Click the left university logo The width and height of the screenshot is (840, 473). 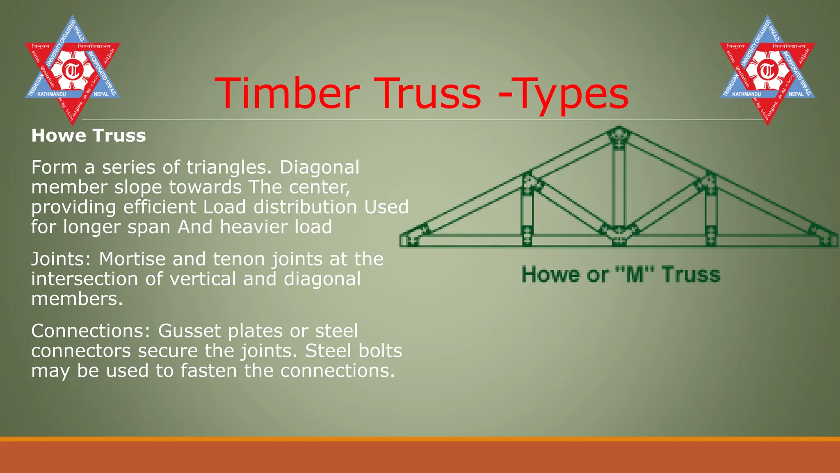(x=72, y=70)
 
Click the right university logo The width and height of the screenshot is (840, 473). (x=767, y=70)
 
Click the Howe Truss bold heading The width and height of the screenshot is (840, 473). (x=89, y=135)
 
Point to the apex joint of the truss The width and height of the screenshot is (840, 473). (x=619, y=135)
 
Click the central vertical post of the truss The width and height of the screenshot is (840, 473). (x=619, y=185)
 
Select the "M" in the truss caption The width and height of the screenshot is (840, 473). (x=635, y=274)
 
